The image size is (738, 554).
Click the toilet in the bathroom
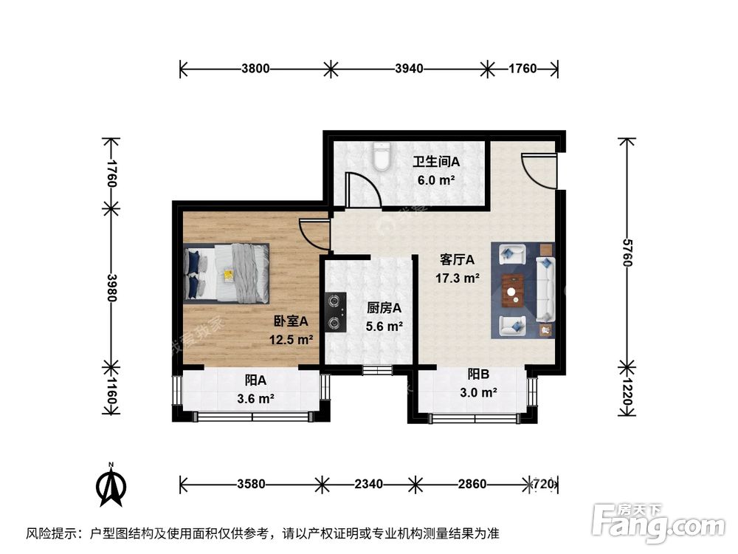coord(381,157)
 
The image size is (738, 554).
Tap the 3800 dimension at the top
coord(254,69)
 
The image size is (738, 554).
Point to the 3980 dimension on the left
coord(111,288)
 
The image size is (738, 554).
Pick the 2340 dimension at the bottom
coord(368,485)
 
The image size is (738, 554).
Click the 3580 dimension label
coord(251,485)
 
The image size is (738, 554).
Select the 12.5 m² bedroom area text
coord(291,341)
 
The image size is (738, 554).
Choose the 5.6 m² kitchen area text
coord(384,326)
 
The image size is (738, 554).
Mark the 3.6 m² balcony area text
coord(256,400)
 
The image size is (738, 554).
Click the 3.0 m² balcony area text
coord(477,392)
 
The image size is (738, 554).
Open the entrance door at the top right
coord(539,170)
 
